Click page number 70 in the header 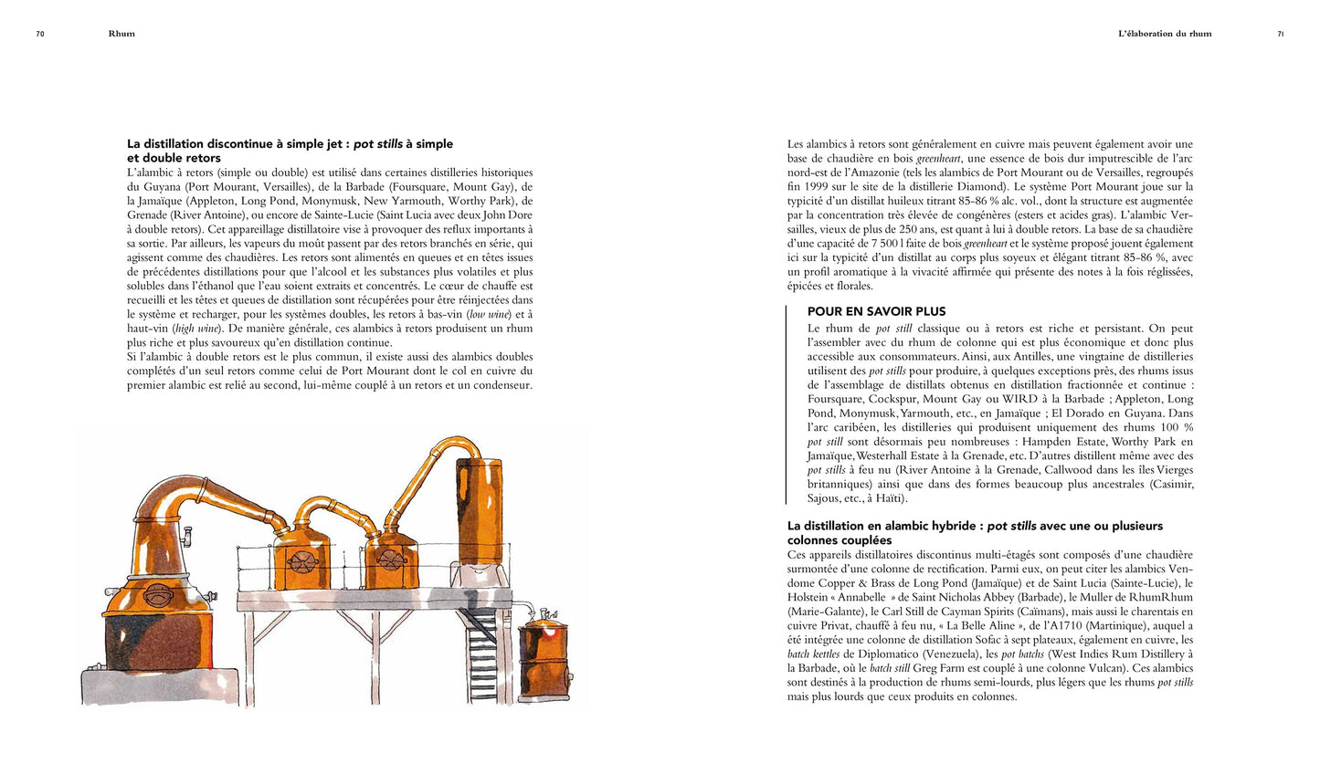click(40, 34)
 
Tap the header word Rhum click(121, 34)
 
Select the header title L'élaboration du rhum click(1165, 34)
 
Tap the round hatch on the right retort click(390, 559)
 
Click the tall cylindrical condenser click(480, 511)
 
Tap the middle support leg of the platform click(374, 653)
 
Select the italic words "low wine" click(489, 314)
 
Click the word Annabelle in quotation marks click(861, 598)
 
